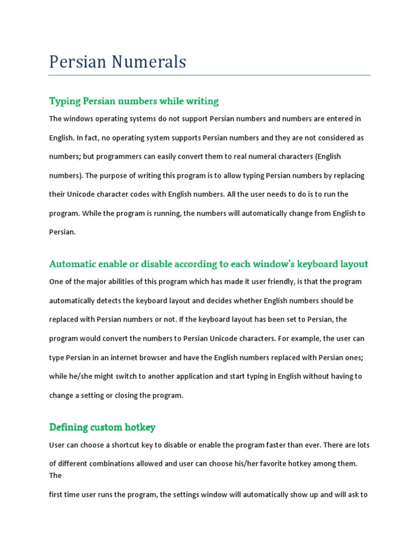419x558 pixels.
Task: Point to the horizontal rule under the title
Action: click(209, 75)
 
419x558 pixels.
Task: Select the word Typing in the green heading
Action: click(65, 101)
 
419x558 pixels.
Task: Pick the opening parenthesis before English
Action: click(316, 156)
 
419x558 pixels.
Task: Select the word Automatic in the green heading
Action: click(72, 264)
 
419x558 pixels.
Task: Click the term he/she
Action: click(80, 377)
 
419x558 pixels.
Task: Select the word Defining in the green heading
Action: click(69, 427)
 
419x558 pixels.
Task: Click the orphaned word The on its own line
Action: click(55, 475)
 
